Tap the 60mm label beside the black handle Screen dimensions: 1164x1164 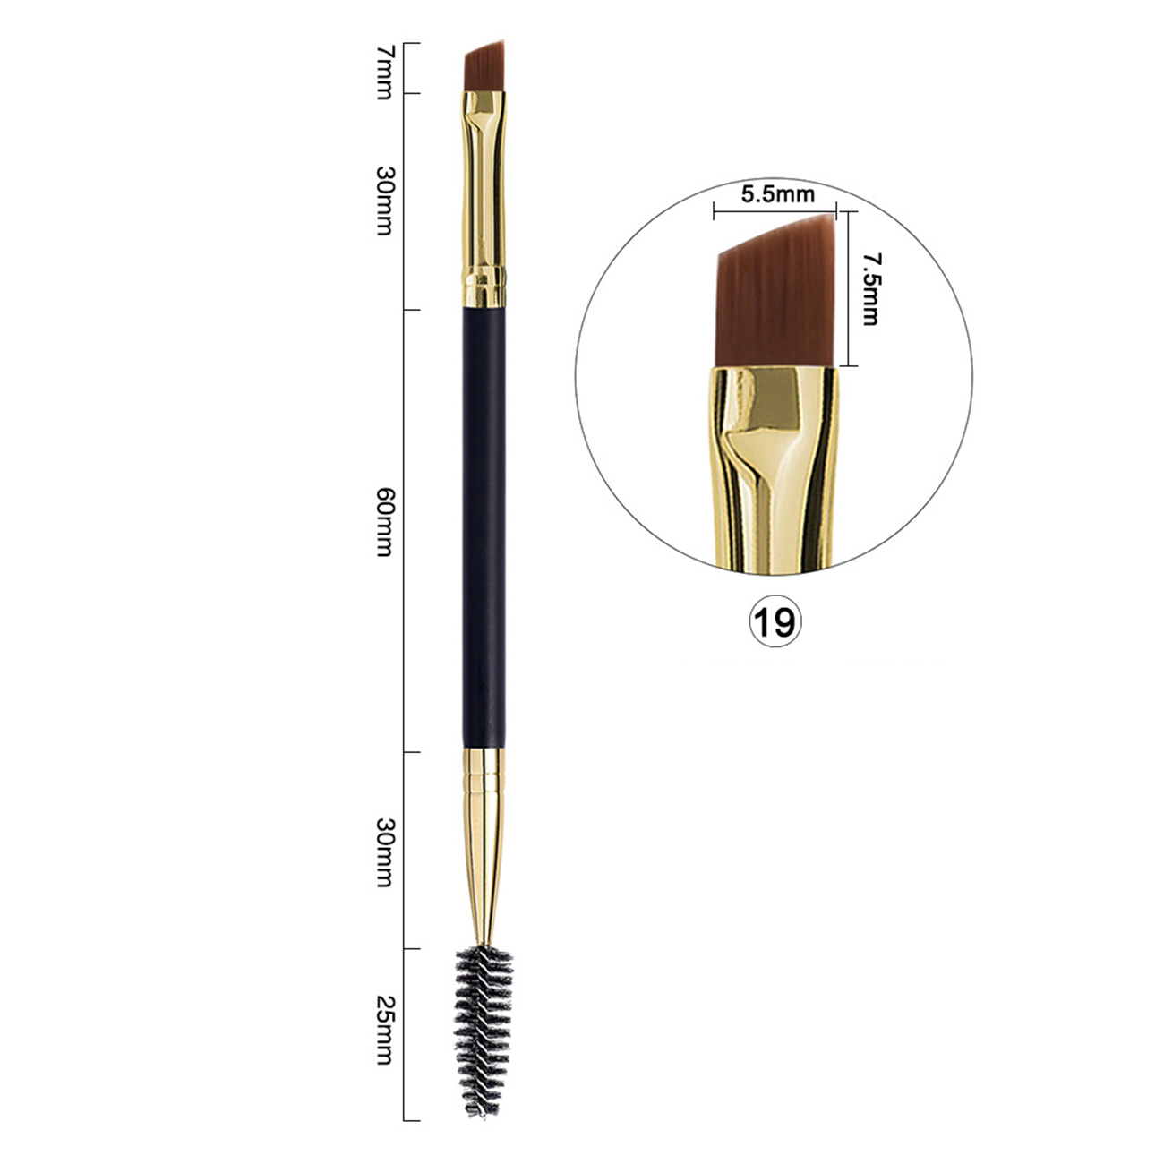click(x=384, y=522)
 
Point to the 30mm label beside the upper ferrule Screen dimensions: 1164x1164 click(x=384, y=200)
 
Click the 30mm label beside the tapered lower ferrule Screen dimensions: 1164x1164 click(x=384, y=852)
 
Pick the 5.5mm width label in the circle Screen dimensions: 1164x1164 click(x=778, y=194)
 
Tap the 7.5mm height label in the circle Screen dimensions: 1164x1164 click(x=870, y=288)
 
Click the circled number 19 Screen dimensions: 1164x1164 click(x=775, y=622)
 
